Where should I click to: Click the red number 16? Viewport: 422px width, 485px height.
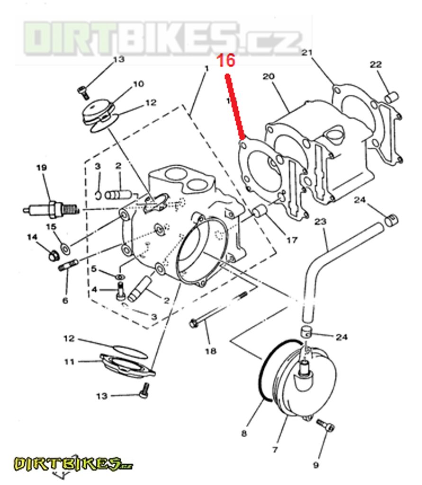click(x=226, y=61)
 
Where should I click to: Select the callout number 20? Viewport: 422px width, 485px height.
click(x=269, y=76)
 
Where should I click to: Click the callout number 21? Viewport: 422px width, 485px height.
click(x=307, y=53)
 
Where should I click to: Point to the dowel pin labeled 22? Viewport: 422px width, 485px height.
click(x=392, y=97)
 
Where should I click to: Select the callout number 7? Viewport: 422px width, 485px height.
click(x=275, y=449)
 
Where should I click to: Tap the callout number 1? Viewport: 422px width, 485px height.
click(x=207, y=69)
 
